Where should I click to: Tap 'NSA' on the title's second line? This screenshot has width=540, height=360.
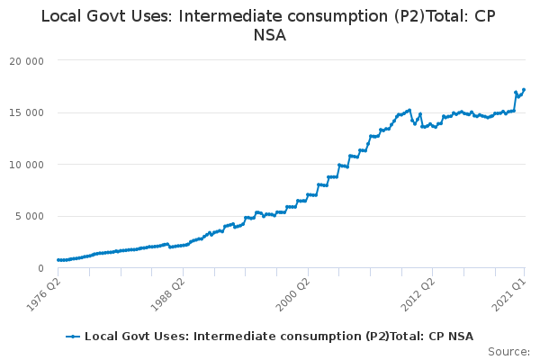point(269,36)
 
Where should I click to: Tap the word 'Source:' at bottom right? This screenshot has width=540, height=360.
point(508,351)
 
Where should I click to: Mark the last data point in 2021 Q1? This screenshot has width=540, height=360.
point(524,90)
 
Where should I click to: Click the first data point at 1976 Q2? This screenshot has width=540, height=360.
point(58,260)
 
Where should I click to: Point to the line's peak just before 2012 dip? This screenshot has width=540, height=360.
point(409,110)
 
